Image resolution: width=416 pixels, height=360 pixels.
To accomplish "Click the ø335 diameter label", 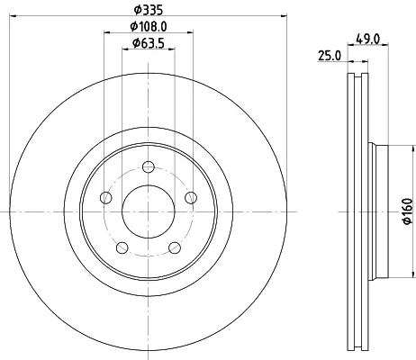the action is point(149,10).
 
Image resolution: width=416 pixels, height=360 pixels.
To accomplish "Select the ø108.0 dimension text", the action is point(149,27).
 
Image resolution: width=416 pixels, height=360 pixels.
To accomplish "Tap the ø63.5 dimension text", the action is point(149,43).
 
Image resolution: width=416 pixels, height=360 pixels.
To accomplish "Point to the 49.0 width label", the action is point(368,39).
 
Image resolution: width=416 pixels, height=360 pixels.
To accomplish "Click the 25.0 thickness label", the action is point(330,56).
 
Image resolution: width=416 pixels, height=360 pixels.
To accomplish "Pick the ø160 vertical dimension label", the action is point(408,211).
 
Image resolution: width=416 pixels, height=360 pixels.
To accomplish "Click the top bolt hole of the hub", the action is point(149,166).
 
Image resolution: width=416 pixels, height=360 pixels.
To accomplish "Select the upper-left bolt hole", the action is point(106,198).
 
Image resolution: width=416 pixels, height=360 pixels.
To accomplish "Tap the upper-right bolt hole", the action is point(191,198).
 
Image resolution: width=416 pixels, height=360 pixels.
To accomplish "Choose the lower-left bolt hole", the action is point(122,247).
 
